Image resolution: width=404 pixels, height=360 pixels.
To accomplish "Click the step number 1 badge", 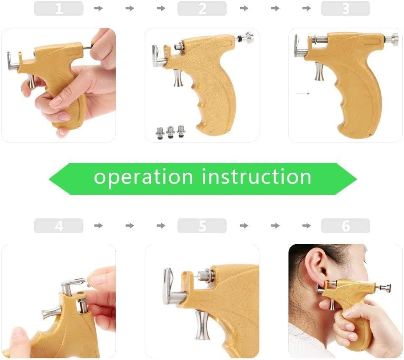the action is [58, 8].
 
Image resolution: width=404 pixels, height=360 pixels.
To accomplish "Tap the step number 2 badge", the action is [202, 8].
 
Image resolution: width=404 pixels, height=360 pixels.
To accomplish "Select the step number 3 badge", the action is [345, 8].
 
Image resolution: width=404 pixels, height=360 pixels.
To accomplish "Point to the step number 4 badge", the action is [58, 226].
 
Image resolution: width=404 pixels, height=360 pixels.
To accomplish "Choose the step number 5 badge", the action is [202, 226].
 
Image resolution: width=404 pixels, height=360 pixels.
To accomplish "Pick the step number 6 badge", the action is [345, 226].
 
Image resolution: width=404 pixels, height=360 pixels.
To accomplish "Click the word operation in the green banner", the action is [143, 177].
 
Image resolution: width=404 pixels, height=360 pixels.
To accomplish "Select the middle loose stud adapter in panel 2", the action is [170, 132].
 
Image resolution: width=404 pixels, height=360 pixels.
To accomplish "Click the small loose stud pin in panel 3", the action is [302, 93].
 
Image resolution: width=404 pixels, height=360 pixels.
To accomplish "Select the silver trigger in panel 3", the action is [319, 71].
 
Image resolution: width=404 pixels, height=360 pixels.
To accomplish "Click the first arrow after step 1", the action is [99, 8].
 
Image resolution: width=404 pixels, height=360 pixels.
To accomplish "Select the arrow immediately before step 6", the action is [306, 226].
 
